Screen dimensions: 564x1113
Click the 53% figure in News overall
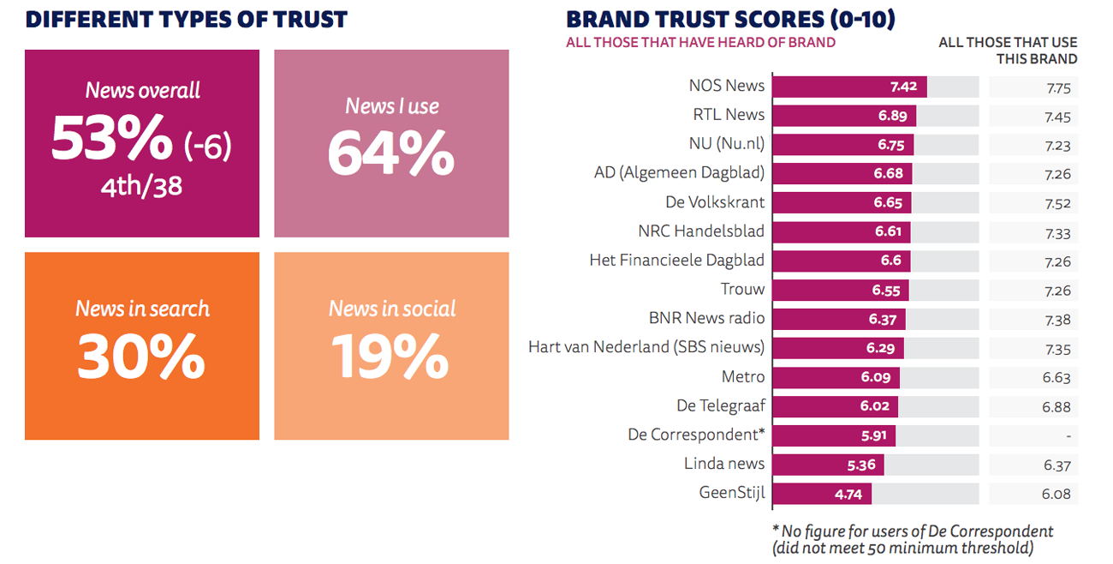pyautogui.click(x=112, y=138)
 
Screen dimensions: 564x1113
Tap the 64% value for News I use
pyautogui.click(x=391, y=153)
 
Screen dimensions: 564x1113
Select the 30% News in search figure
pyautogui.click(x=141, y=357)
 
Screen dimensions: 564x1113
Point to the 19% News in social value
pyautogui.click(x=390, y=357)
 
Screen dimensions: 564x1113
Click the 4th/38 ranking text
pyautogui.click(x=142, y=184)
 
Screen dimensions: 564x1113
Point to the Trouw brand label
pyautogui.click(x=743, y=289)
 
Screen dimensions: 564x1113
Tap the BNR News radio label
pyautogui.click(x=706, y=318)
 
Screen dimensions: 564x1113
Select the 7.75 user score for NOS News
pyautogui.click(x=1056, y=87)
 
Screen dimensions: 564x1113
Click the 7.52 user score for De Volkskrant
pyautogui.click(x=1056, y=203)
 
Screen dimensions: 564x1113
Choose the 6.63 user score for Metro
pyautogui.click(x=1056, y=377)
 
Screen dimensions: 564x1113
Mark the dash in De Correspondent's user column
pyautogui.click(x=1068, y=435)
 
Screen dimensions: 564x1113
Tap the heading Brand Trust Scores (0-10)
pyautogui.click(x=730, y=19)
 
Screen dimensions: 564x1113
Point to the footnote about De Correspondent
pyautogui.click(x=912, y=539)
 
